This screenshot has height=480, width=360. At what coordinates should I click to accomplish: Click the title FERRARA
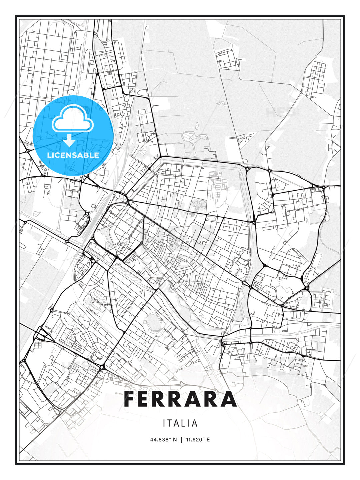tap(180, 399)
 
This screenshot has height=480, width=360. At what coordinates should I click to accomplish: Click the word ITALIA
tap(180, 423)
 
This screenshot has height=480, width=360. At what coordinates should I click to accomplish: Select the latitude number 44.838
tap(159, 440)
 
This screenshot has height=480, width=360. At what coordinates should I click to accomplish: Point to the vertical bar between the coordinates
tap(181, 440)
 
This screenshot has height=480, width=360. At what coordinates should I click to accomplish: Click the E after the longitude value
tap(208, 440)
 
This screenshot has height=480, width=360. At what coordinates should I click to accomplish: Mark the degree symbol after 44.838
tap(170, 438)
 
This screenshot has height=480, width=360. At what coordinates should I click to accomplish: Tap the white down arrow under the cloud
tap(69, 140)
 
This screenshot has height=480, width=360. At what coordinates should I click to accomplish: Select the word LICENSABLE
tap(73, 155)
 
